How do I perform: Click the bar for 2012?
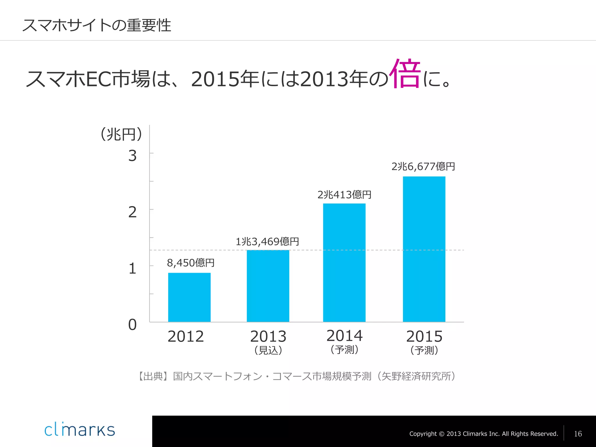coord(189,297)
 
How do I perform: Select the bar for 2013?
coord(268,286)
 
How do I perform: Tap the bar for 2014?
coord(344,262)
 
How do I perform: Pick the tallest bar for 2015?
coord(424,249)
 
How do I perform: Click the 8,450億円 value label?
coord(191,263)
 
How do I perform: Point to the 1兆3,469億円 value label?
coord(267,242)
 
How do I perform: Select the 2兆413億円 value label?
coord(344,195)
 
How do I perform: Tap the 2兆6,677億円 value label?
coord(423,166)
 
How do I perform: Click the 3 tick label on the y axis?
coord(132,156)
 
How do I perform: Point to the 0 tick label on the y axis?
coord(132,325)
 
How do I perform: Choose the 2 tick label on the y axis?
coord(132,212)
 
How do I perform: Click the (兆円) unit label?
coord(121,134)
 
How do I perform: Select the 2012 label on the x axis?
coord(186,337)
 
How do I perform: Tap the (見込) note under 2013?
coord(268,350)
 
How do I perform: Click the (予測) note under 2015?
coord(424,350)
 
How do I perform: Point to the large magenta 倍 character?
coord(405,74)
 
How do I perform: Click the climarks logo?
coord(79,430)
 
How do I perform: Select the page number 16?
coord(578,434)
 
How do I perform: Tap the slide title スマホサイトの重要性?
coord(97,25)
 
